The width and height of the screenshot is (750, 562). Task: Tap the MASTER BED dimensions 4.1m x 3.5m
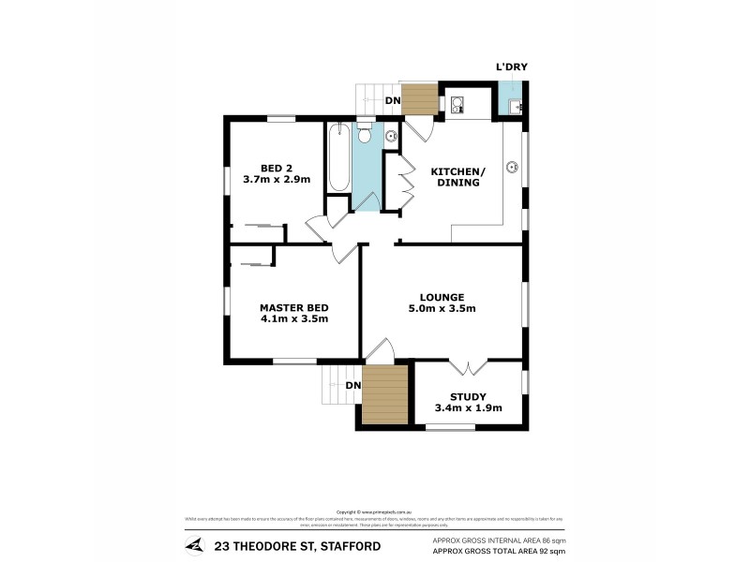point(293,318)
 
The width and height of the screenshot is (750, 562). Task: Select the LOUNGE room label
point(442,297)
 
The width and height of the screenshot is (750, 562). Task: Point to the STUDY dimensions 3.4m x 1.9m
point(468,407)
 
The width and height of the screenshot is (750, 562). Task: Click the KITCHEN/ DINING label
point(457,177)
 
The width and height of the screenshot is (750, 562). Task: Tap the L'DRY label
point(511,67)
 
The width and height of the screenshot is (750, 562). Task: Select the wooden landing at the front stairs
point(383,394)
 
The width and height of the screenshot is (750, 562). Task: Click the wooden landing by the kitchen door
point(420,99)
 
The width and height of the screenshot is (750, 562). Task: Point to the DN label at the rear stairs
point(395,99)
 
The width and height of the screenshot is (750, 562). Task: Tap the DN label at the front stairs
point(352,385)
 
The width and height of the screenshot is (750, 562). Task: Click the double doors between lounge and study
point(467,364)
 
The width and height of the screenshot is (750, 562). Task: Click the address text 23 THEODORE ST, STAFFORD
point(282,545)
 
